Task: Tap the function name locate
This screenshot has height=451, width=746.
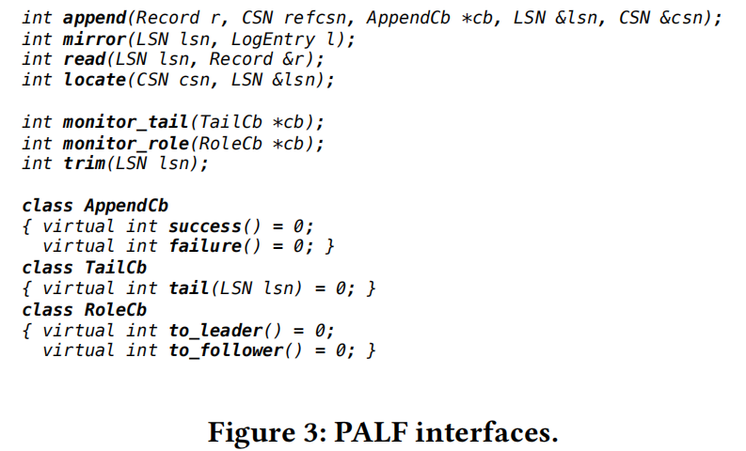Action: pos(94,80)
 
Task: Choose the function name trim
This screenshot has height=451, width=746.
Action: pos(84,163)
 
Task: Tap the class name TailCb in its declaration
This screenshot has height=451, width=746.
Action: pos(116,268)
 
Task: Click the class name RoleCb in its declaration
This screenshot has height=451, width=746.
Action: pos(116,309)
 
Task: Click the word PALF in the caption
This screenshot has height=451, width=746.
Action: pos(368,432)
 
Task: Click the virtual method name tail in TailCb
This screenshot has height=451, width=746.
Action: pos(189,288)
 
